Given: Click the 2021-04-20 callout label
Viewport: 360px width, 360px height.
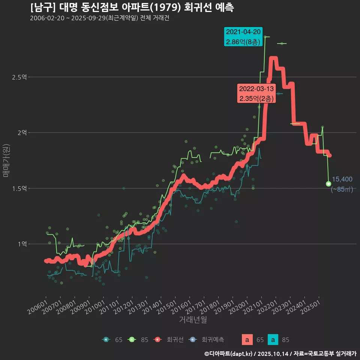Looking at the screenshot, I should [x=244, y=37].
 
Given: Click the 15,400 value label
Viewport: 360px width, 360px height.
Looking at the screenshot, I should [x=342, y=179].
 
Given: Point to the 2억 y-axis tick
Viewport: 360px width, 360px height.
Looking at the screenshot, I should [x=22, y=133].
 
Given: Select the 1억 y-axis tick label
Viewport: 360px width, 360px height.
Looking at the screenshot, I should [x=22, y=244].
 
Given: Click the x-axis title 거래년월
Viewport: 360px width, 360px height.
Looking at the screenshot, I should [x=193, y=320].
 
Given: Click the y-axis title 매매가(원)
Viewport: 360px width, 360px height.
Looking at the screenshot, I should [x=6, y=160].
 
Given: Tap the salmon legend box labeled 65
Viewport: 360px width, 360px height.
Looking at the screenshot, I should [x=247, y=340].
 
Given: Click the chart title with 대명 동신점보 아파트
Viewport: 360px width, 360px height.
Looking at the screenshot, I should [x=132, y=7].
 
